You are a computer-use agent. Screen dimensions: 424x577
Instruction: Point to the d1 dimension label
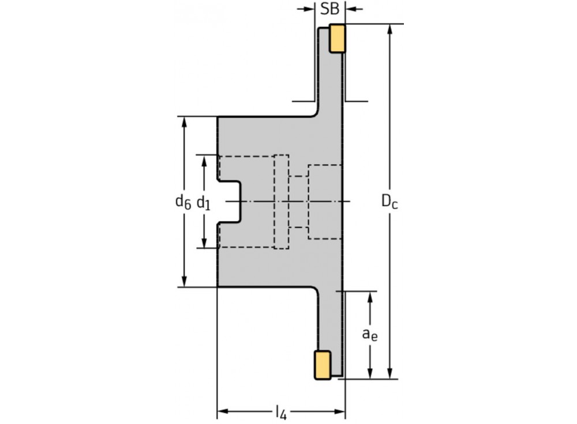coord(203,202)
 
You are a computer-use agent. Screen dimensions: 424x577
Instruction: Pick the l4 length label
coord(281,412)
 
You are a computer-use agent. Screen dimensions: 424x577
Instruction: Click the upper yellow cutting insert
coord(337,39)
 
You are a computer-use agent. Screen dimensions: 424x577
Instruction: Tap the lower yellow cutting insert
coord(322,365)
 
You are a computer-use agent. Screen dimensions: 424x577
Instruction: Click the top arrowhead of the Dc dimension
coord(391,29)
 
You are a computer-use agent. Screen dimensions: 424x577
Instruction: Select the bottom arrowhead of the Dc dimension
coord(391,374)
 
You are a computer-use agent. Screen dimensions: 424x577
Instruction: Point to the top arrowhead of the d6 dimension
coord(184,121)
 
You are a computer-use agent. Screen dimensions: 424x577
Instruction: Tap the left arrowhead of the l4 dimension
coord(222,411)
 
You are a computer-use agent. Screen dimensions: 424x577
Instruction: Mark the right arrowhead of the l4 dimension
coord(340,411)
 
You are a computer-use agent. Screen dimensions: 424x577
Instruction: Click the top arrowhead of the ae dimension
coord(370,296)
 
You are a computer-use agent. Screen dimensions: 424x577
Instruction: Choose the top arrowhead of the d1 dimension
coord(204,159)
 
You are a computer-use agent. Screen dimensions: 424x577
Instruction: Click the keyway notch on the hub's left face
coord(230,202)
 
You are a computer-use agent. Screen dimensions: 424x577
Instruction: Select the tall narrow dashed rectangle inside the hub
coord(281,202)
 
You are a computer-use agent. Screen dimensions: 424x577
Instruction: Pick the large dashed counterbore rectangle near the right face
coord(326,202)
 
